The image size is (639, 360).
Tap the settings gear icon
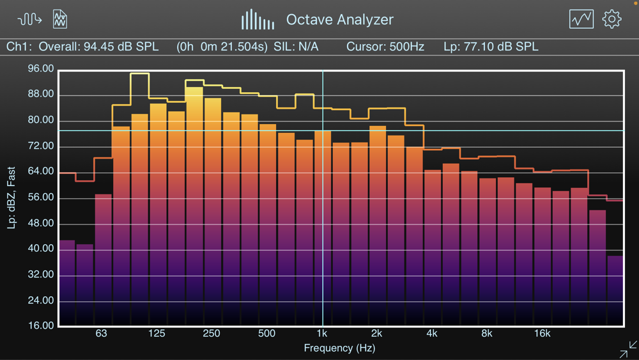612,19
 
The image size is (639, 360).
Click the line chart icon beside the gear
581,19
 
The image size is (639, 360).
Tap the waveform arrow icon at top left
29,19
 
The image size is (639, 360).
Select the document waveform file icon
60,19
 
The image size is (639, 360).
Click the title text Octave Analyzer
339,20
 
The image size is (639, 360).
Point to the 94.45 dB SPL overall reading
121,47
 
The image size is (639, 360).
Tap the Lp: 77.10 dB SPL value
491,47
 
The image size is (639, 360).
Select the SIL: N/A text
296,47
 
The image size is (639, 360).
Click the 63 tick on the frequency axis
101,334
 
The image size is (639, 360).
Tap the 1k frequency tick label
322,334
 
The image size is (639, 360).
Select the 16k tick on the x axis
542,334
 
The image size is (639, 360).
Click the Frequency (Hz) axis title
339,348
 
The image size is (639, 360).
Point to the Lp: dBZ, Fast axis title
12,198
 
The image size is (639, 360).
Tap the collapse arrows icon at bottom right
628,349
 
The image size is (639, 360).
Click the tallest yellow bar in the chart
194,205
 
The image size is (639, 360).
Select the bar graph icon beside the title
258,20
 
